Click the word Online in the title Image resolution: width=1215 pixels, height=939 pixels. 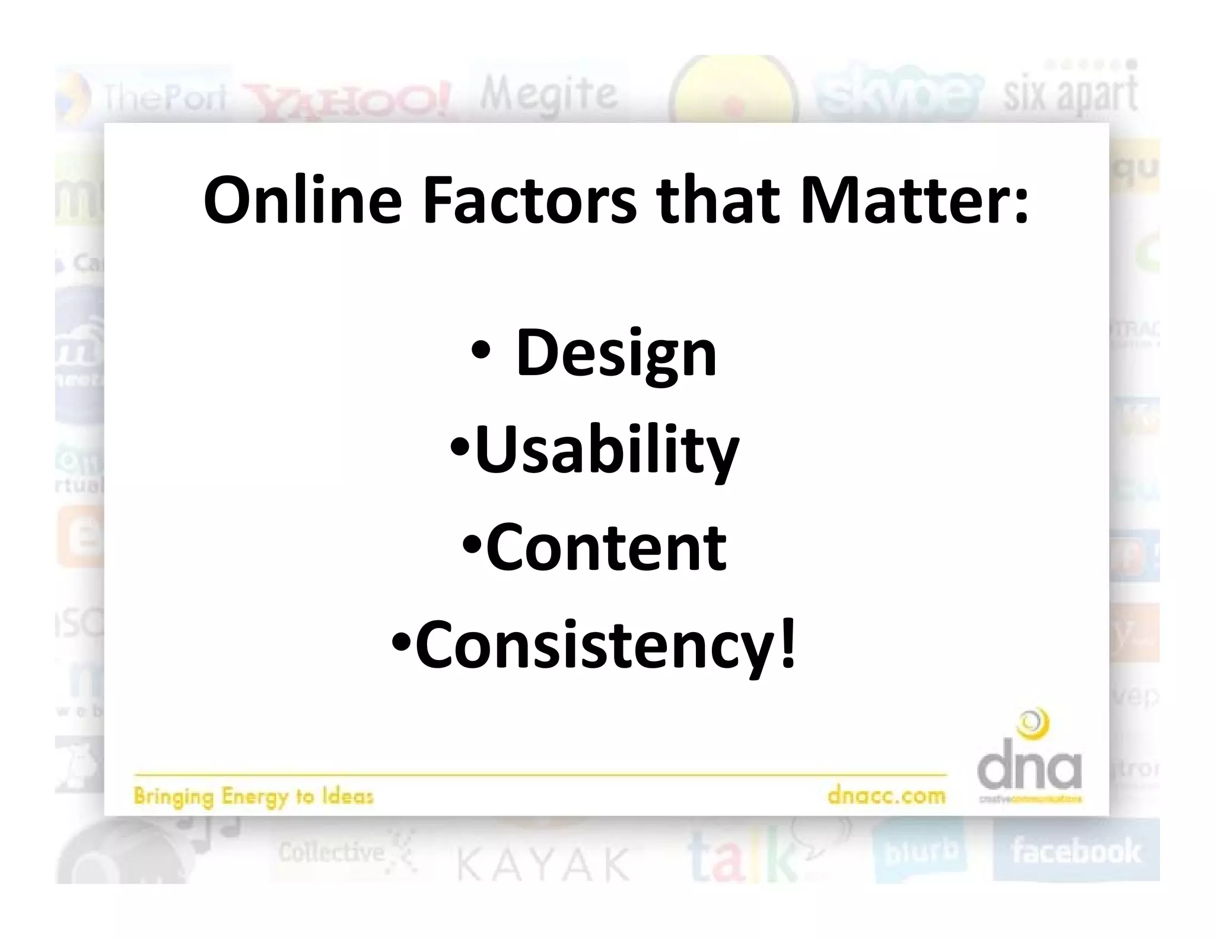click(x=303, y=201)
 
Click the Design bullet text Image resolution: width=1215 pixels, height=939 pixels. click(x=616, y=354)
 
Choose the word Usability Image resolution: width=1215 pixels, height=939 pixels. click(x=606, y=452)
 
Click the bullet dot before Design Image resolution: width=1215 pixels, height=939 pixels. click(x=480, y=352)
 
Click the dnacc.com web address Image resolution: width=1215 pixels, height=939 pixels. click(x=886, y=795)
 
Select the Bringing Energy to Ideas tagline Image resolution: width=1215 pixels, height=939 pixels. click(x=253, y=796)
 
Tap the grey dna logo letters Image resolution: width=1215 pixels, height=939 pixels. click(x=1029, y=769)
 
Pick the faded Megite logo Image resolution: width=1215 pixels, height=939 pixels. click(x=549, y=94)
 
